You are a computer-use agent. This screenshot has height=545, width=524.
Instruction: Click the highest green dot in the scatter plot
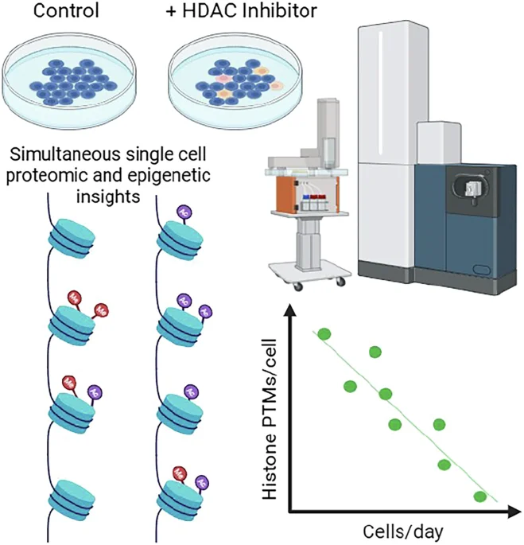[323, 333]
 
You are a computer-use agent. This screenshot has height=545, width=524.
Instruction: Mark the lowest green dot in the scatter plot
[479, 497]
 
